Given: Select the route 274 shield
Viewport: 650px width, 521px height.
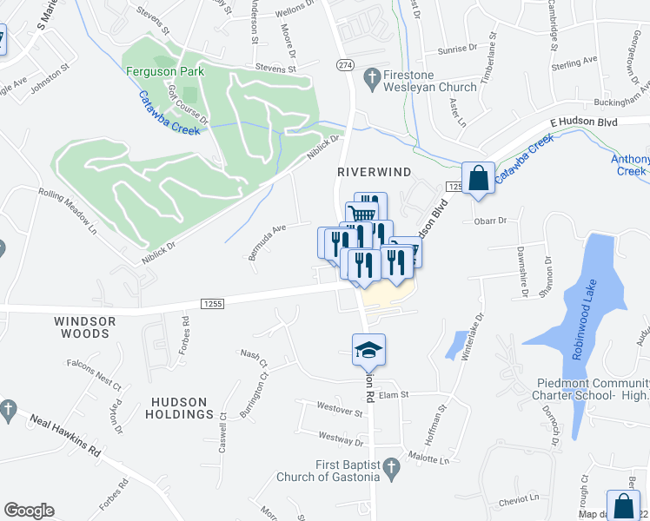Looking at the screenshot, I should pyautogui.click(x=346, y=65).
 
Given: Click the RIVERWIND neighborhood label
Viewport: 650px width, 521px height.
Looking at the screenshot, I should pyautogui.click(x=374, y=173).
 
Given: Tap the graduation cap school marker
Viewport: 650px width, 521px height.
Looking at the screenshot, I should pyautogui.click(x=368, y=350).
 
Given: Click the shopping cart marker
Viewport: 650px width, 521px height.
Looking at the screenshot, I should pyautogui.click(x=361, y=214).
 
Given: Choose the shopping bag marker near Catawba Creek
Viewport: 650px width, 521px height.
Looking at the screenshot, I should pyautogui.click(x=477, y=179).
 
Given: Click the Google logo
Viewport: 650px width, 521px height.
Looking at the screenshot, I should pyautogui.click(x=29, y=511).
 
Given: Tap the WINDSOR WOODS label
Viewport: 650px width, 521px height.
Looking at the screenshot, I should pyautogui.click(x=85, y=327).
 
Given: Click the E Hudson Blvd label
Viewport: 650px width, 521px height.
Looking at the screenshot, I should pyautogui.click(x=583, y=122).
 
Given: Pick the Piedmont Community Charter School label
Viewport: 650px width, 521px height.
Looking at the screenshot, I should pyautogui.click(x=593, y=389).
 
